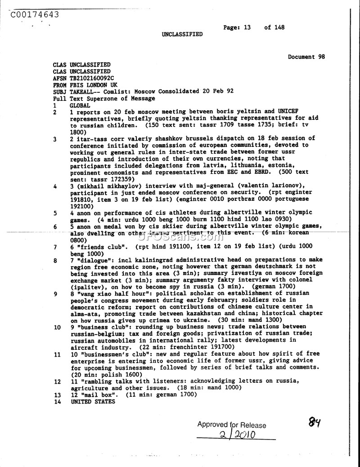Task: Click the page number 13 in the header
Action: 247,27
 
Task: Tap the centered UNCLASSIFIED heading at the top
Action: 182,34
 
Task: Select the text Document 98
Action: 306,57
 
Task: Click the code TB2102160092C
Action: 93,78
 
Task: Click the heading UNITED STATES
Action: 93,401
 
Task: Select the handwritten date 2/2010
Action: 238,435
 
